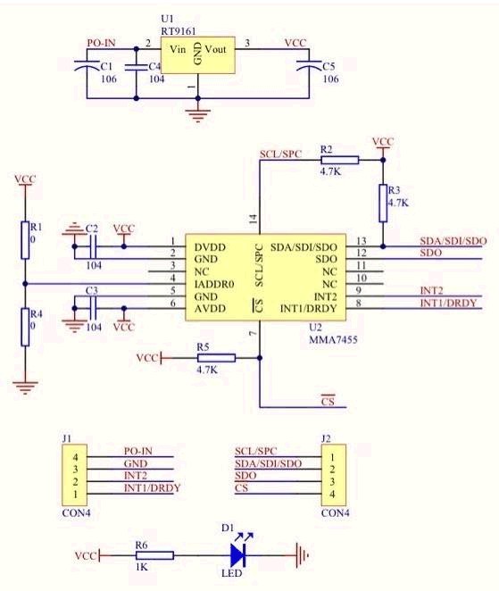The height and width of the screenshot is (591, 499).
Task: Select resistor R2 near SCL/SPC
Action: pyautogui.click(x=339, y=160)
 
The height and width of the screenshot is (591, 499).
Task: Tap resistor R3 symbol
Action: pyautogui.click(x=383, y=203)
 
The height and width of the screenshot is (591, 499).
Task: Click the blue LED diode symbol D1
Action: pyautogui.click(x=241, y=554)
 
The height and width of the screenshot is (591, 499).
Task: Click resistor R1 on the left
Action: pyautogui.click(x=26, y=238)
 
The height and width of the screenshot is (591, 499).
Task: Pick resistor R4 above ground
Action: pyautogui.click(x=26, y=327)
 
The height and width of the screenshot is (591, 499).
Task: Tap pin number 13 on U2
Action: pyautogui.click(x=361, y=241)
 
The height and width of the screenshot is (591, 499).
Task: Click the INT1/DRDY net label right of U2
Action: pyautogui.click(x=450, y=304)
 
